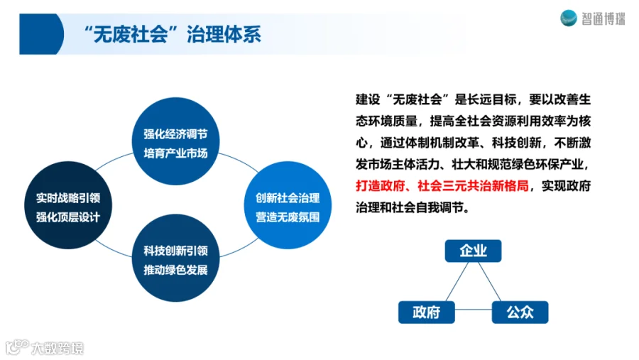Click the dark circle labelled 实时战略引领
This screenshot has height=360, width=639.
(x=68, y=207)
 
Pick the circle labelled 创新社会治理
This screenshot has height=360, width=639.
(x=288, y=207)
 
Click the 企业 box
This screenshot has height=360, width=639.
(x=473, y=251)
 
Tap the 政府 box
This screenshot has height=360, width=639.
(x=426, y=312)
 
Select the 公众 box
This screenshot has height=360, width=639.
(x=520, y=312)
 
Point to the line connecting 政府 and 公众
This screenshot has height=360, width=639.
(x=473, y=312)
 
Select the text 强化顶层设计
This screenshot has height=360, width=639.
(x=68, y=217)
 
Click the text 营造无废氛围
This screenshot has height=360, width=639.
(x=288, y=217)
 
